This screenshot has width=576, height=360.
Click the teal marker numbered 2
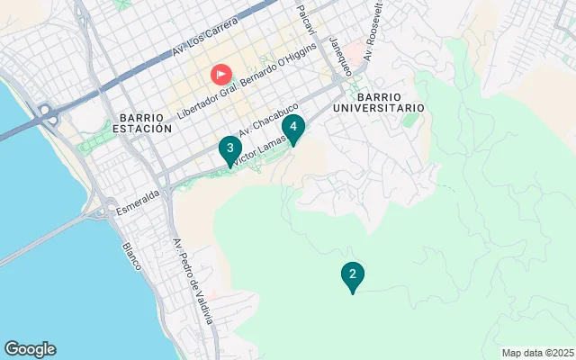353,275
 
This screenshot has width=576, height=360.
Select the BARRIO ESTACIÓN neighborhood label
143,122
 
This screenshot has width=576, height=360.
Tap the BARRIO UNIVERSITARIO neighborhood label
390,102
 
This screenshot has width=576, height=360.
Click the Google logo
30,349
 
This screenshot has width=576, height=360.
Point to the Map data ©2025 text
536,353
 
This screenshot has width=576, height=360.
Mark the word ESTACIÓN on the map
143,129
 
